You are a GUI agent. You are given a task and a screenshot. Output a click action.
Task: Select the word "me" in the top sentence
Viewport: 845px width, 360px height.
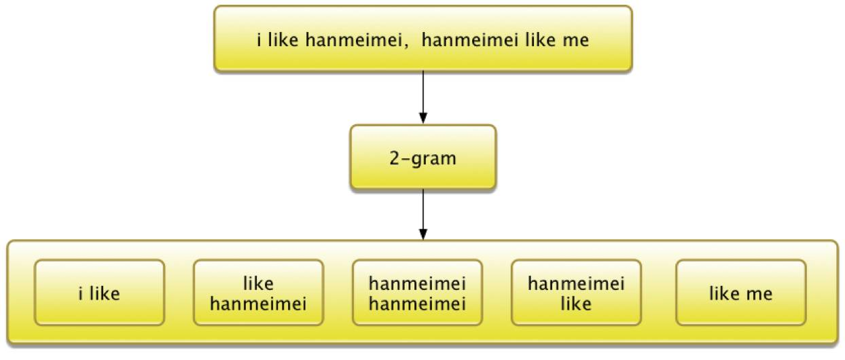tap(575, 40)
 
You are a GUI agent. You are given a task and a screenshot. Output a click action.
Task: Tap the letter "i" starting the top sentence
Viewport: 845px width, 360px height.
tap(259, 40)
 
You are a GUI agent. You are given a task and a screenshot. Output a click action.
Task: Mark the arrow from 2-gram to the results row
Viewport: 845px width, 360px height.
tap(422, 214)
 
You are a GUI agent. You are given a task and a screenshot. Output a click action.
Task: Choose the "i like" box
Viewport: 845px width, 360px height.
tap(99, 292)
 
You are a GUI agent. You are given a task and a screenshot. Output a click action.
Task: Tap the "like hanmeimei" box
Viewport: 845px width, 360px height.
tap(258, 292)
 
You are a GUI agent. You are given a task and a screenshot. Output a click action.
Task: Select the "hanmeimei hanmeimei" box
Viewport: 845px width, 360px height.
tap(417, 292)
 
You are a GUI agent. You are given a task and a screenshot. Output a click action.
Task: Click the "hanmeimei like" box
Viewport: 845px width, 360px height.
tap(576, 292)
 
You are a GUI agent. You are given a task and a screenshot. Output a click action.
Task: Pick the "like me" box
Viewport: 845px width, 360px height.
tap(740, 292)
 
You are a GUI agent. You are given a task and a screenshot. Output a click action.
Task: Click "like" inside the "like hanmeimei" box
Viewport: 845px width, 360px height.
tap(258, 283)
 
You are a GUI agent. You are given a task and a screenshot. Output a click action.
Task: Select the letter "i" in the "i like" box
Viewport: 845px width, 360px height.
tap(82, 294)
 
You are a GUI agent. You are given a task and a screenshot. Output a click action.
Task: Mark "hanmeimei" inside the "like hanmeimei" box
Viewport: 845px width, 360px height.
tap(258, 303)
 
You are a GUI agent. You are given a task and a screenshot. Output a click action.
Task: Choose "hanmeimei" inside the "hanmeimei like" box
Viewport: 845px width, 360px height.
tap(576, 283)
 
